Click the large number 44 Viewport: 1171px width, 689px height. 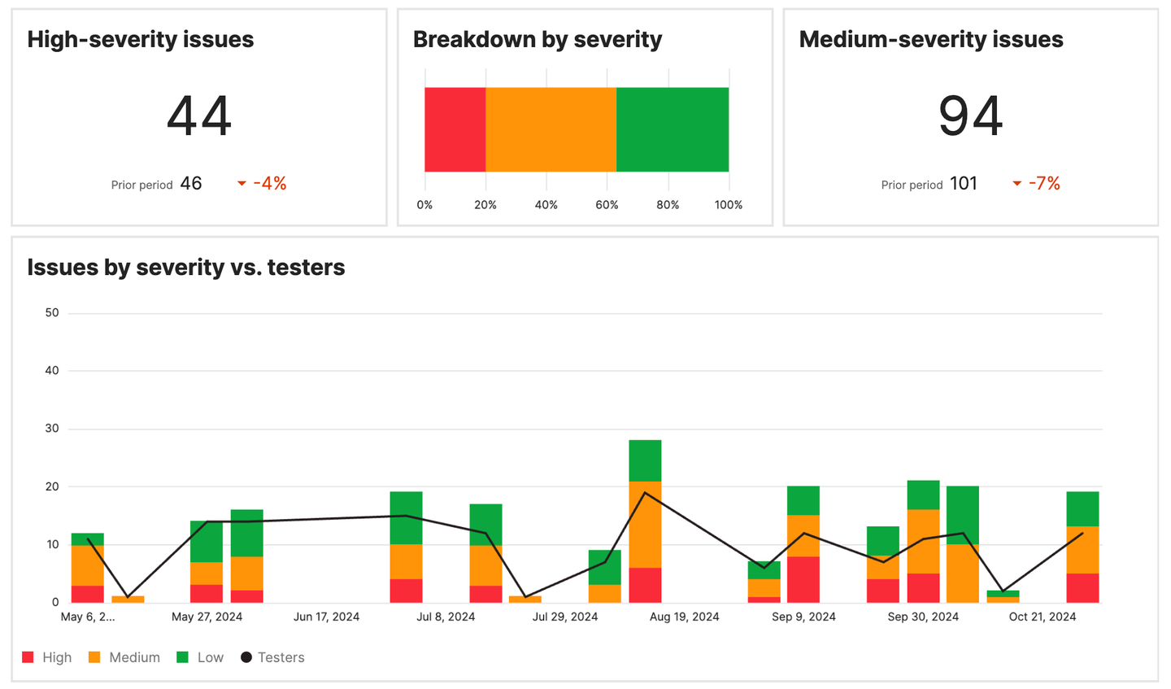(x=199, y=116)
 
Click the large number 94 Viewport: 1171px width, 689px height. (x=970, y=116)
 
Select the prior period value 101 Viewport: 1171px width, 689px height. (x=964, y=184)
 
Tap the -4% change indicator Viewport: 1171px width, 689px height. (x=262, y=184)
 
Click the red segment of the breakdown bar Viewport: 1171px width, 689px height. (x=455, y=129)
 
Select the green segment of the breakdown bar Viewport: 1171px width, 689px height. (x=673, y=129)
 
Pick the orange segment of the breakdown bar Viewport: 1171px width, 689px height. (x=551, y=129)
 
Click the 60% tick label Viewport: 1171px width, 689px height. (x=607, y=205)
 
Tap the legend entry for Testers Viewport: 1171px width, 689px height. (x=272, y=657)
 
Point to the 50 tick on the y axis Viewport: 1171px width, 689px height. (x=52, y=312)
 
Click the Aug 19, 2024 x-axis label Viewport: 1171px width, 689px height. (x=684, y=617)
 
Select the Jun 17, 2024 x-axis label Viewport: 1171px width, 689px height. (x=326, y=617)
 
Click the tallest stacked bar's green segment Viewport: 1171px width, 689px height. (x=645, y=460)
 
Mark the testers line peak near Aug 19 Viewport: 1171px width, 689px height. (x=645, y=492)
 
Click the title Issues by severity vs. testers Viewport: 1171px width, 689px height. (x=186, y=268)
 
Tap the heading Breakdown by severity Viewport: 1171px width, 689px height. (x=538, y=40)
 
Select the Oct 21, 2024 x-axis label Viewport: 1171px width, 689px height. (x=1042, y=617)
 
